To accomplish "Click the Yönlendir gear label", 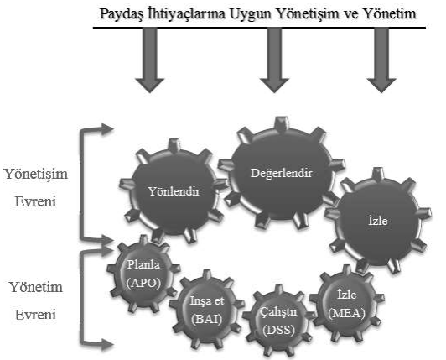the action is (174, 191).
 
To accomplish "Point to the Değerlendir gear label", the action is (282, 174).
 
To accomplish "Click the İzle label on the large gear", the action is (378, 221).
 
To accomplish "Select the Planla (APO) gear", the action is (143, 274).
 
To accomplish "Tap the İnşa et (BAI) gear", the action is (207, 310).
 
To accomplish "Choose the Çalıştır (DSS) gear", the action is (279, 321).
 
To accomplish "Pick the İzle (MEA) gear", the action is (347, 304).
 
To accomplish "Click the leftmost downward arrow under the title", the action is (149, 60).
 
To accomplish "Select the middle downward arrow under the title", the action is (274, 60).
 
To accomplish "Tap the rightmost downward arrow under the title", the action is (381, 60).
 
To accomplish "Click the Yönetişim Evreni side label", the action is (35, 188).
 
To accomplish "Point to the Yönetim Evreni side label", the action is (35, 300).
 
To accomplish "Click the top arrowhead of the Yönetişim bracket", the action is (107, 129).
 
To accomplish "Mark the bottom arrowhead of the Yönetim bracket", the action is (107, 345).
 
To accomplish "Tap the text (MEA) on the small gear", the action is (346, 314).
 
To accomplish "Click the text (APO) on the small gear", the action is (143, 283).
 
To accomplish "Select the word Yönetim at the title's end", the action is (390, 14).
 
